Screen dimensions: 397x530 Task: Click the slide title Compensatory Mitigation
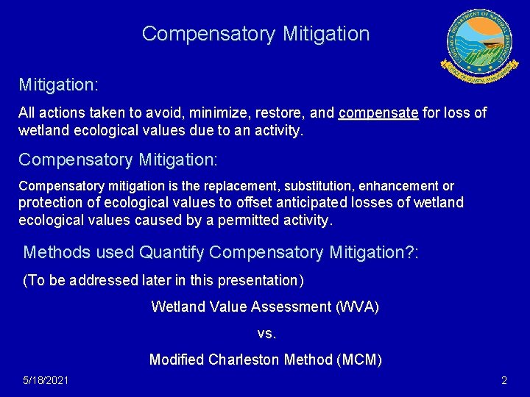(x=255, y=34)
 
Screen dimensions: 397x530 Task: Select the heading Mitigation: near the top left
(x=58, y=85)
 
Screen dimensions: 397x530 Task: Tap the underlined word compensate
(x=378, y=113)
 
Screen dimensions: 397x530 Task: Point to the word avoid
(x=173, y=113)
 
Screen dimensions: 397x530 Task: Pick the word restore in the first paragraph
(x=280, y=113)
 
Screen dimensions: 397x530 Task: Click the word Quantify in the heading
(x=172, y=252)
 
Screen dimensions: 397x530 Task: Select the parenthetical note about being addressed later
(x=164, y=280)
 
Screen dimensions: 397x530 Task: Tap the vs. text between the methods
(x=266, y=333)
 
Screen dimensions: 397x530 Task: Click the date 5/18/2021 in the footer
(x=46, y=380)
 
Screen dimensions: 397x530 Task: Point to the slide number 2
(x=504, y=380)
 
